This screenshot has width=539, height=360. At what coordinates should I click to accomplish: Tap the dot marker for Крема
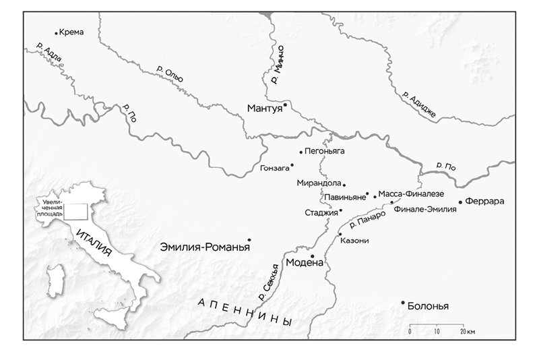[x=56, y=32]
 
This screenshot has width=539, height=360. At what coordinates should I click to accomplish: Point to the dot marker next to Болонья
[x=403, y=303]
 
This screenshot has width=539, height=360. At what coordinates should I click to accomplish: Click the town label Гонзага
[x=274, y=167]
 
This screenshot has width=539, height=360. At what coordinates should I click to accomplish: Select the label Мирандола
[x=319, y=183]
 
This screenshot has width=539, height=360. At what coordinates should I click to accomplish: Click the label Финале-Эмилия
[x=425, y=210]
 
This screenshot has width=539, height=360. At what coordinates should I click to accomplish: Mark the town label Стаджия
[x=321, y=212]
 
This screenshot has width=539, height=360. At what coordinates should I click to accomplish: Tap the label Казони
[x=354, y=241]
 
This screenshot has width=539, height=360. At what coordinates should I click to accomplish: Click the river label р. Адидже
[x=418, y=104]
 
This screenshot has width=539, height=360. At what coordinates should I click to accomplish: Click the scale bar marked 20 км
[x=437, y=326]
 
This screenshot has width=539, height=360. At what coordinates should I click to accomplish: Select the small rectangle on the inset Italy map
[x=75, y=211]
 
